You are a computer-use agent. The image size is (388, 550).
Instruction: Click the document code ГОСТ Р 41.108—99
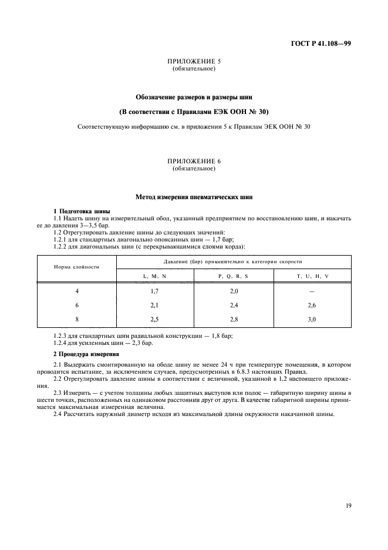(322, 43)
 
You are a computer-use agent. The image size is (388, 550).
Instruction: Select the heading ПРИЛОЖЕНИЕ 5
(194, 62)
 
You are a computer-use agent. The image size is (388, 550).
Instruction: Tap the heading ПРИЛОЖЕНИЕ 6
(194, 161)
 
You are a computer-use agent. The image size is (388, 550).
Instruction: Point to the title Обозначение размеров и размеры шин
(194, 96)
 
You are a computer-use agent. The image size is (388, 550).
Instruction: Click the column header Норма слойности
(76, 266)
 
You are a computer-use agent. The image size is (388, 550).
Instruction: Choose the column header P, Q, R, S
(233, 276)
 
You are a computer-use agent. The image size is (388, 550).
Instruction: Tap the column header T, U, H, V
(312, 276)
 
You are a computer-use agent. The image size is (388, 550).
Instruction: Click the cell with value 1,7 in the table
(155, 291)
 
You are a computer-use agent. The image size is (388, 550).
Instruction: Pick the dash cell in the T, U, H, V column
(312, 291)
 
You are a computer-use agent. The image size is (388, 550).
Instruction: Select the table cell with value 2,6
(312, 305)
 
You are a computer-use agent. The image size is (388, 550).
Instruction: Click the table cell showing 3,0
(312, 318)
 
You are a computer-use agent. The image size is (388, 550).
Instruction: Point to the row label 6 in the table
(76, 305)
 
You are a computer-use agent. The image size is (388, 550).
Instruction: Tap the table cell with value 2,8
(233, 318)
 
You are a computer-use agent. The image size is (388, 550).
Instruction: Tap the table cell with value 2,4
(233, 305)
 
